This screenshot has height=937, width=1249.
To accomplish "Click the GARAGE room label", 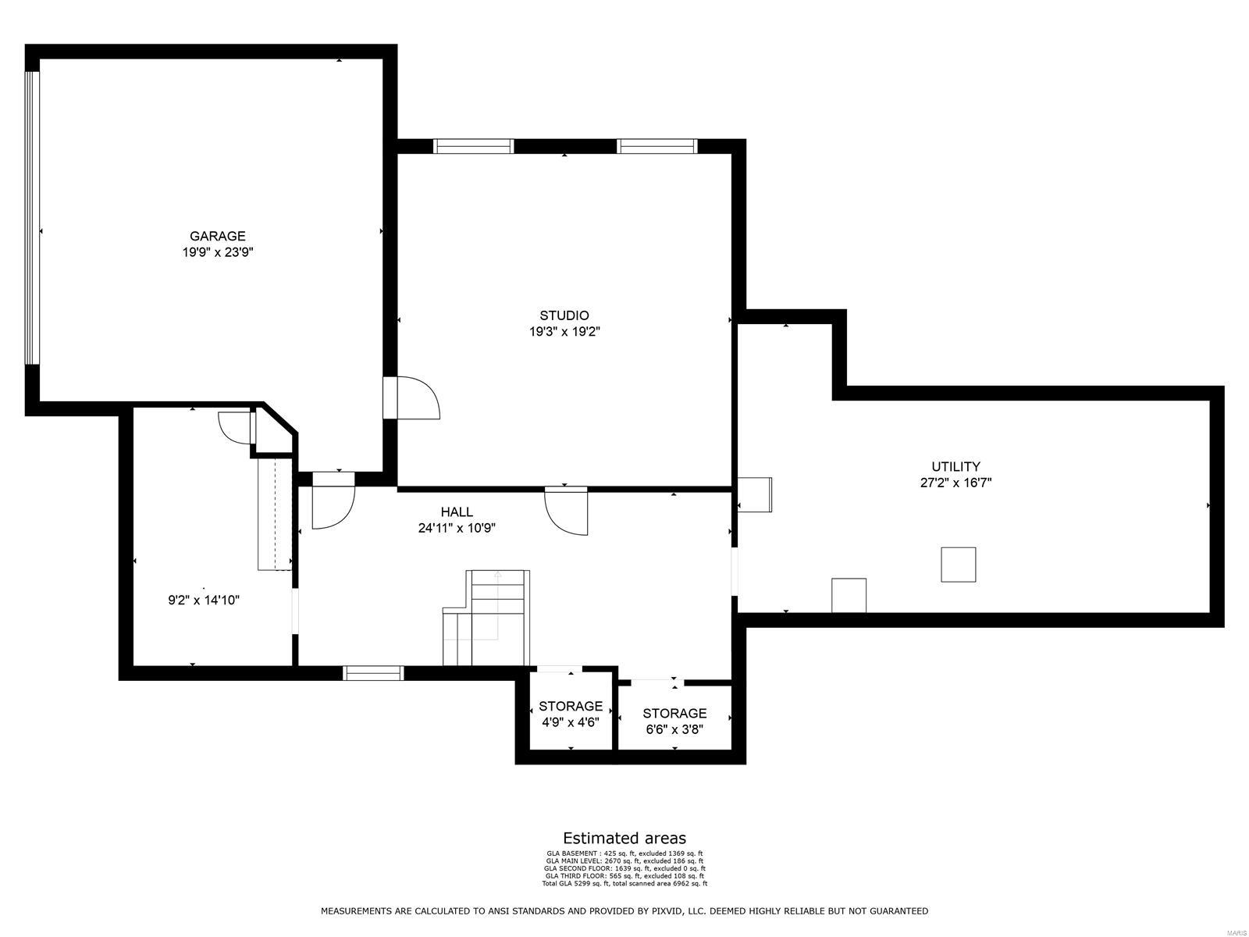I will (x=218, y=236).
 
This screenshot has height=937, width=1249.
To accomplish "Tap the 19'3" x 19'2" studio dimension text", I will (x=564, y=332).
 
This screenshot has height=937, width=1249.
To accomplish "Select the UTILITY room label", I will (x=955, y=467).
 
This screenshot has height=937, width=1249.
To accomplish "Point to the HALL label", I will (x=457, y=512).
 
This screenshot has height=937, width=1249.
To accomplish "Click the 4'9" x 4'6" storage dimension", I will (x=571, y=722).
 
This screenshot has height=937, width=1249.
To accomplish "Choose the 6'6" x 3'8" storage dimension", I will (x=674, y=729).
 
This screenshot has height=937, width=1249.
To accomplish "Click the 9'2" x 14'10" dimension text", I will (x=204, y=600).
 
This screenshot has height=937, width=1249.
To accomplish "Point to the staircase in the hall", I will (x=486, y=617).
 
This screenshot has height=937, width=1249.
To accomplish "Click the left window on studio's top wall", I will (x=474, y=146).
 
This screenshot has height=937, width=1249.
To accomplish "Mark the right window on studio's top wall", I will (x=657, y=146).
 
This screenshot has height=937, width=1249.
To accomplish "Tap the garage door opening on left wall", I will (x=32, y=218).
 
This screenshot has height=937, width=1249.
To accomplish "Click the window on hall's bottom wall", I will (x=374, y=673).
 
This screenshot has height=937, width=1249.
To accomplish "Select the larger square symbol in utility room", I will (x=958, y=565).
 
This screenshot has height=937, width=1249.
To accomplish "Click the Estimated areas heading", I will (x=624, y=839).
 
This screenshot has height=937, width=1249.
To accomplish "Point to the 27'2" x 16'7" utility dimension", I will (x=955, y=483).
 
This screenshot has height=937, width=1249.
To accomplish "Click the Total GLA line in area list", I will (x=624, y=883).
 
